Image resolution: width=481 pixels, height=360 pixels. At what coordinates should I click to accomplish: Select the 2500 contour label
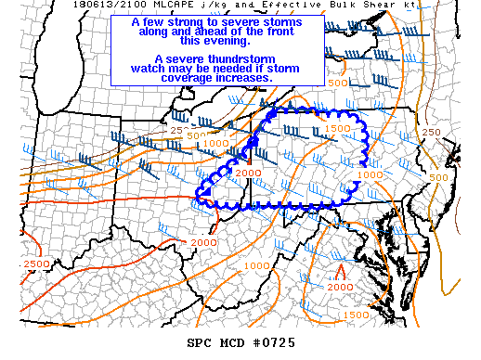pos(39,265)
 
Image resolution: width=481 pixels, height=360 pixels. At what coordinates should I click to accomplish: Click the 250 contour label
pos(431,133)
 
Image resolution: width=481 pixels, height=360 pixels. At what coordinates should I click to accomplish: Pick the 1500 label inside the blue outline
pos(338,128)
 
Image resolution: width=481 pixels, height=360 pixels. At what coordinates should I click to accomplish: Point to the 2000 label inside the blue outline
pos(248,174)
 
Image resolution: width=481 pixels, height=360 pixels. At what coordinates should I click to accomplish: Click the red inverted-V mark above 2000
pos(340,273)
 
